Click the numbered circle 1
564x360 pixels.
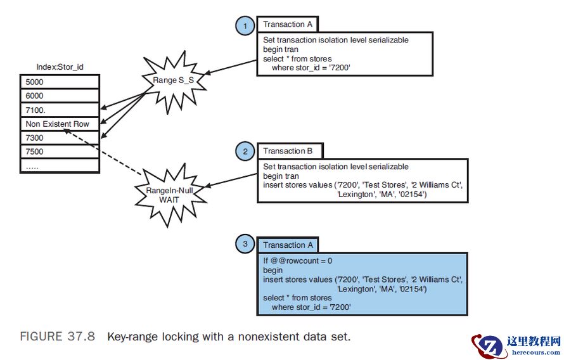[x=245, y=26]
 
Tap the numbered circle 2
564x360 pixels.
[x=245, y=152]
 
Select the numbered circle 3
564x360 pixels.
[x=245, y=245]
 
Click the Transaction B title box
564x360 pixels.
[x=288, y=151]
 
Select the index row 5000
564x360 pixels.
[x=60, y=82]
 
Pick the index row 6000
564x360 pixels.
[x=60, y=96]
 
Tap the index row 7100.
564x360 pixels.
[x=60, y=110]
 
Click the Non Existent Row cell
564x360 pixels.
[x=60, y=124]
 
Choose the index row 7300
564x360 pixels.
[x=60, y=138]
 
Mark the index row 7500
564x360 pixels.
[x=60, y=151]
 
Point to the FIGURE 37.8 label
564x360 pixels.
[x=58, y=337]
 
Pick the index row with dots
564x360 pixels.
[x=60, y=165]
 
